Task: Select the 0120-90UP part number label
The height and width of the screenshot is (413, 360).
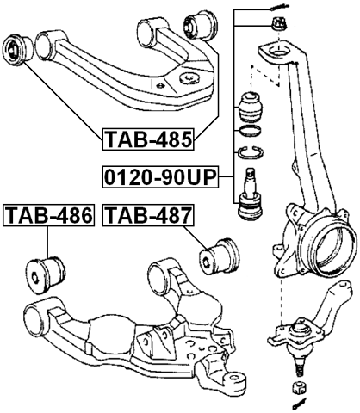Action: click(x=160, y=178)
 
